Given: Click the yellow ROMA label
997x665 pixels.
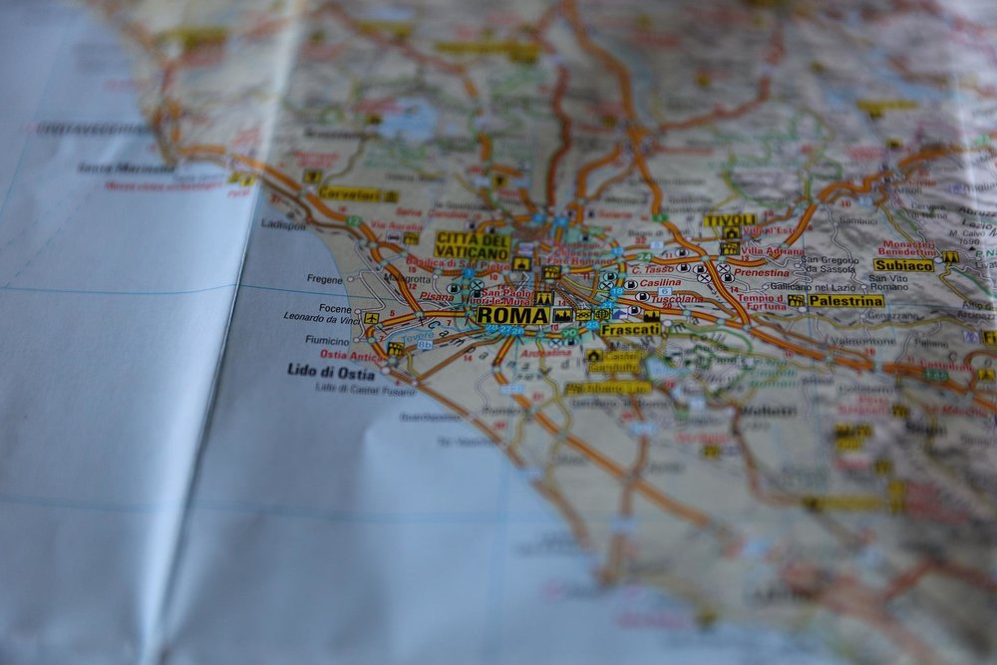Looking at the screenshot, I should click(512, 315).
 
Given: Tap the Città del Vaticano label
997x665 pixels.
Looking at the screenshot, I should click(472, 245).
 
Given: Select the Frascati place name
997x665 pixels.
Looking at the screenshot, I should click(630, 328).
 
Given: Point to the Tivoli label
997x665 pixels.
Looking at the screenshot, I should click(730, 220).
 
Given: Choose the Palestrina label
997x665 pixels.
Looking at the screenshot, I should click(845, 300).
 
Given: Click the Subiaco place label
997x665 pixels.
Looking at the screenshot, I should click(903, 265).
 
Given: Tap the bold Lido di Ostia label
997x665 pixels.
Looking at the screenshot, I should click(331, 373).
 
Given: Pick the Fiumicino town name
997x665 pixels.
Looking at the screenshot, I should click(327, 340).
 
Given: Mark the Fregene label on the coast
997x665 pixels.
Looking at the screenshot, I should click(325, 279).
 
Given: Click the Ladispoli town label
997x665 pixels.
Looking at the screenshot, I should click(284, 224).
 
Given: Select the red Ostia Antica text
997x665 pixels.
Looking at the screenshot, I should click(349, 355).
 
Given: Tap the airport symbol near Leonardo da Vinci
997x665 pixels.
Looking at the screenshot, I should click(371, 318).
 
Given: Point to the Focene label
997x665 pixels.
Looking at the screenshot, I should click(335, 308).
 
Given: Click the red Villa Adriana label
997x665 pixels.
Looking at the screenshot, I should click(773, 251).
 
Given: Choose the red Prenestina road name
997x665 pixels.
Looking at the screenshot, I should click(762, 271).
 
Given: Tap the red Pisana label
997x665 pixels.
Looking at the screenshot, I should click(436, 295).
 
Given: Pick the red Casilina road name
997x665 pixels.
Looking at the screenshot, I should click(660, 283).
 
